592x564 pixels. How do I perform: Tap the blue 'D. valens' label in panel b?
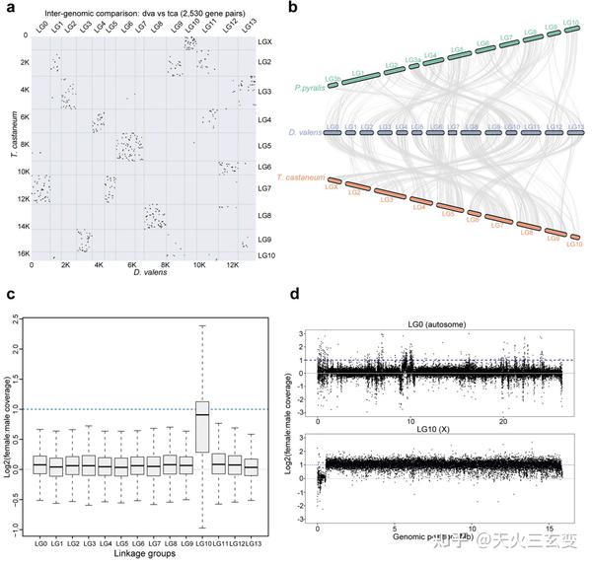pos(306,130)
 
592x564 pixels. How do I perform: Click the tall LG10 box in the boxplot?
pos(202,426)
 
